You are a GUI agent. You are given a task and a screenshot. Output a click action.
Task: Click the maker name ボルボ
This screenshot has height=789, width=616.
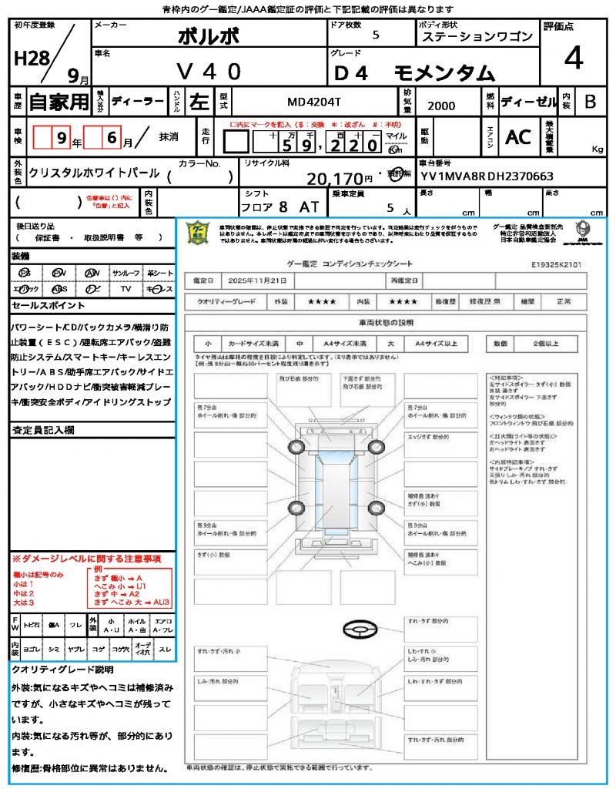tap(208, 36)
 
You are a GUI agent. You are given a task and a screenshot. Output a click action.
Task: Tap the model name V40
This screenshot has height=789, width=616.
tap(209, 72)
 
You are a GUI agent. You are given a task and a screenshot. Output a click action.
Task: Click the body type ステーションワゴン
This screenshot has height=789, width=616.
tap(477, 36)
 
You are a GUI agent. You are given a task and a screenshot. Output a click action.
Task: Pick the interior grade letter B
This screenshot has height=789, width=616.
tap(590, 101)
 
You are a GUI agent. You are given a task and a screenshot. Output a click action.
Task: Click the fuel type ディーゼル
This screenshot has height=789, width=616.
tap(528, 101)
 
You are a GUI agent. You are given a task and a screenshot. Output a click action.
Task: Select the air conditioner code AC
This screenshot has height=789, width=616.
tap(517, 137)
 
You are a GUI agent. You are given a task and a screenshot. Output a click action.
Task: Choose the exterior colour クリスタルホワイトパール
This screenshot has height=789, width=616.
tap(94, 173)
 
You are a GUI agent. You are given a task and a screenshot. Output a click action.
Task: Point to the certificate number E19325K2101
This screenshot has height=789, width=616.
tap(556, 264)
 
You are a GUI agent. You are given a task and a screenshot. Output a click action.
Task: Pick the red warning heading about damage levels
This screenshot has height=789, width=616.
tap(86, 558)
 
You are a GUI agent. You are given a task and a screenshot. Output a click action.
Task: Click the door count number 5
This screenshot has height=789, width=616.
tap(375, 35)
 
